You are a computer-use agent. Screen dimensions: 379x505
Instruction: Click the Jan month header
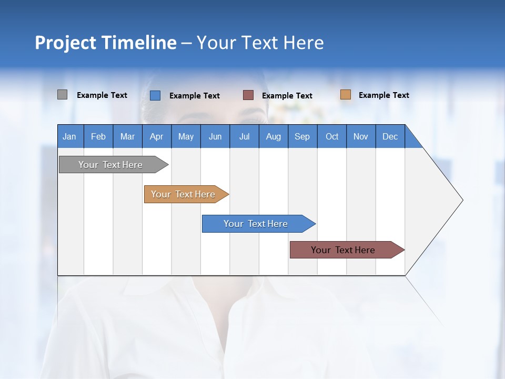pyautogui.click(x=70, y=136)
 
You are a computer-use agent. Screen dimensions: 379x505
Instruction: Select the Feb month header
pyautogui.click(x=98, y=136)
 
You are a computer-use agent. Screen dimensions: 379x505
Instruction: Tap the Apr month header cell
pyautogui.click(x=157, y=136)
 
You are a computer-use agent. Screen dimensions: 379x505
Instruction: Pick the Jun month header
pyautogui.click(x=215, y=136)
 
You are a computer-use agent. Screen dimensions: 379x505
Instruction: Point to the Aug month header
pyautogui.click(x=274, y=136)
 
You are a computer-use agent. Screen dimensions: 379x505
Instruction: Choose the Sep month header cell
pyautogui.click(x=302, y=136)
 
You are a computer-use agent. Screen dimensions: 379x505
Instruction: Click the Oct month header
pyautogui.click(x=332, y=136)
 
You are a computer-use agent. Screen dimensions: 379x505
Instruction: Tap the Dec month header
pyautogui.click(x=390, y=136)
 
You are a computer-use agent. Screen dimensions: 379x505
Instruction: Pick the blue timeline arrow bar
pyautogui.click(x=256, y=224)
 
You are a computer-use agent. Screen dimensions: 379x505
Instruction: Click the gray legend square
pyautogui.click(x=62, y=95)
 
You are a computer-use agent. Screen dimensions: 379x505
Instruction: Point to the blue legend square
pyautogui.click(x=155, y=95)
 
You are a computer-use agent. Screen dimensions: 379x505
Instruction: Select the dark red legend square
pyautogui.click(x=248, y=95)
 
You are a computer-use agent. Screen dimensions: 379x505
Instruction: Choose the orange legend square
pyautogui.click(x=345, y=95)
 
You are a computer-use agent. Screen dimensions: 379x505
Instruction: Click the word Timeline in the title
pyautogui.click(x=138, y=43)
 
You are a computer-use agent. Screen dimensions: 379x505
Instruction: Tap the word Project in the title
pyautogui.click(x=65, y=43)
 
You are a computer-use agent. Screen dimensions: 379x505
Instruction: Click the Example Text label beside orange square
pyautogui.click(x=383, y=95)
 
